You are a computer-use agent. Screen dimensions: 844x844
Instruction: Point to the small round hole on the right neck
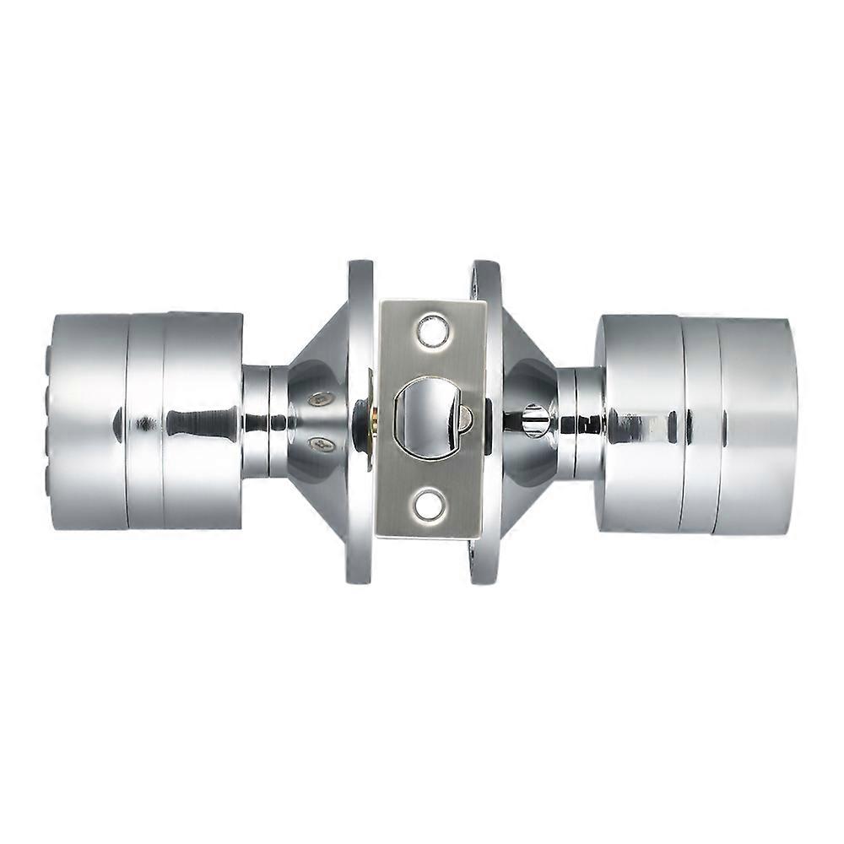pos(533,419)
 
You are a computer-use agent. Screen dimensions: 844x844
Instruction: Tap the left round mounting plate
pos(359,422)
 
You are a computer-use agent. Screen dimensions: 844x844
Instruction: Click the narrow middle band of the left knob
pos(145,422)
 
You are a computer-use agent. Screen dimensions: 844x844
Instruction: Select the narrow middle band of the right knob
pos(699,424)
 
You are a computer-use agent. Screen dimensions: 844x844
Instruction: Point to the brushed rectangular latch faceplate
pos(430,371)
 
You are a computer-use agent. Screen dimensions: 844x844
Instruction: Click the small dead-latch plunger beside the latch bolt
pos(464,416)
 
